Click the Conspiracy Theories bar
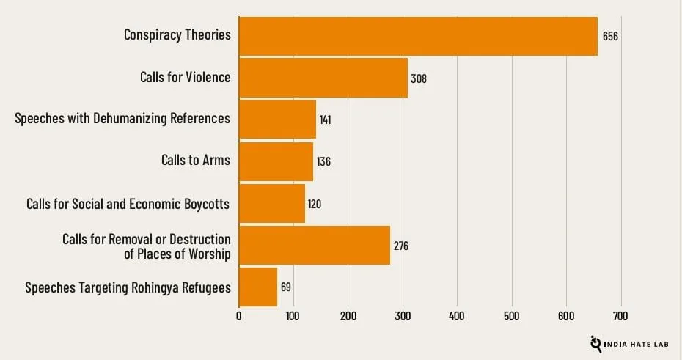tap(418, 36)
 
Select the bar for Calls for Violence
tap(323, 78)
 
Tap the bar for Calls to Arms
tap(276, 161)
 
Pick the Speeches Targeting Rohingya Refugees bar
tap(258, 287)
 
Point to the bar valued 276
tap(314, 245)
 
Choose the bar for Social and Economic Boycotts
tap(271, 203)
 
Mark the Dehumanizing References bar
tap(277, 120)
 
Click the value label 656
tap(610, 36)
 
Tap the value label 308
tap(419, 78)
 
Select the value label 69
tap(286, 287)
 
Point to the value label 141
tap(325, 120)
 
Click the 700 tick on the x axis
tap(621, 316)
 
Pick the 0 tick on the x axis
tap(239, 316)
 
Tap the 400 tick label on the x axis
tap(457, 316)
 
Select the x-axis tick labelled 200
tap(348, 316)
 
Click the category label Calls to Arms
tap(195, 160)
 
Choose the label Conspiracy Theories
tap(177, 34)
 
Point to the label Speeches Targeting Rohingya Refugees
tap(128, 287)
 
